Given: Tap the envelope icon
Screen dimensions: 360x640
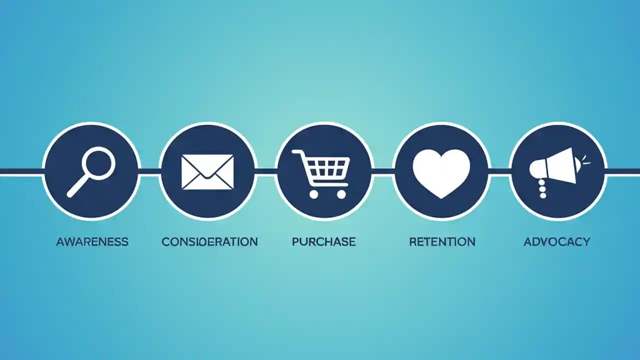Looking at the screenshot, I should coord(207,171).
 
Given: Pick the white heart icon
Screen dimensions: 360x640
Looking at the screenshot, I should coord(441,173).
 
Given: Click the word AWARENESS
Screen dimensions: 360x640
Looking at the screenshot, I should coord(92,242).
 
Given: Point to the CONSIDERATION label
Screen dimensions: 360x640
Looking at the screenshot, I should coord(209,242).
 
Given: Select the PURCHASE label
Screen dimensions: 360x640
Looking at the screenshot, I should coord(323,242).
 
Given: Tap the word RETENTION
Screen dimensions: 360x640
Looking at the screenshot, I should coord(442,242).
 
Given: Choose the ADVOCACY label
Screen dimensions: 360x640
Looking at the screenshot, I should coord(556,242).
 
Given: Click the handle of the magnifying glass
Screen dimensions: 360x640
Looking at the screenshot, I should coord(78,187).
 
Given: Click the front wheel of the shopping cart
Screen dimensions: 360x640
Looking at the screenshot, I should coord(341,194).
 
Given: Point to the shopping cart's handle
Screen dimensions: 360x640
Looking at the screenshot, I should coord(297,153).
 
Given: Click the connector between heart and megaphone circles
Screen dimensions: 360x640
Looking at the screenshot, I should coord(499,171).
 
